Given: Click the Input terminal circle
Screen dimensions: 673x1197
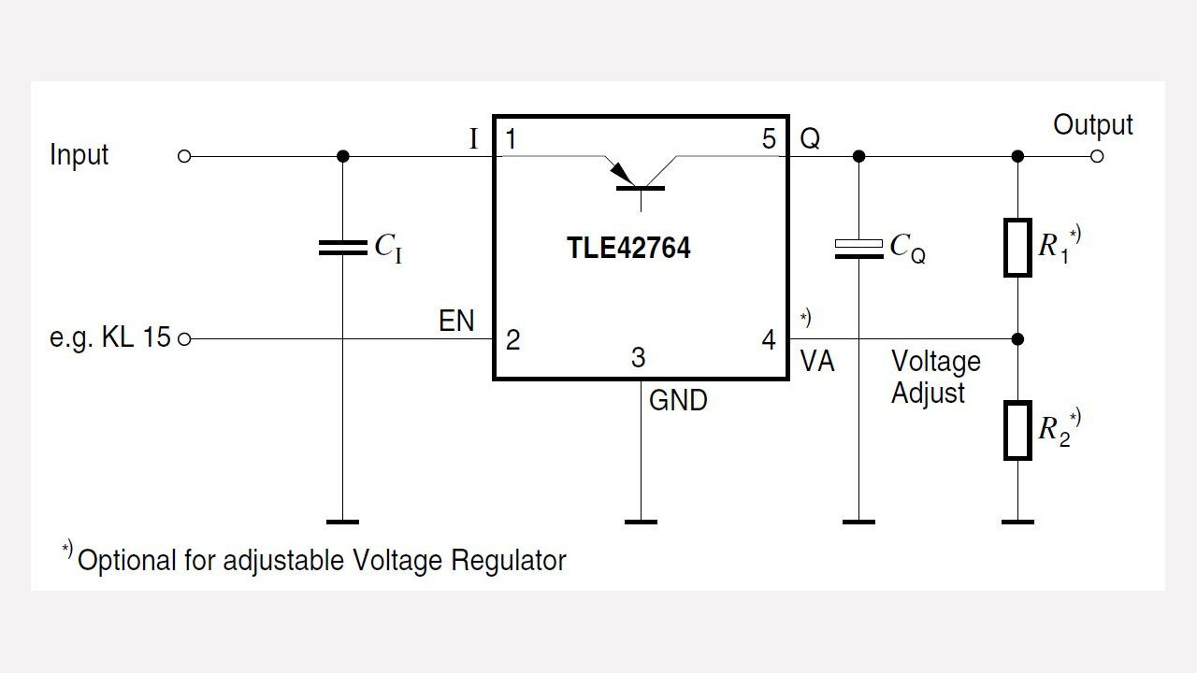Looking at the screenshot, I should click(x=184, y=156).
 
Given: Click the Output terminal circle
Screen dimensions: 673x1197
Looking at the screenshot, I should click(x=1097, y=156).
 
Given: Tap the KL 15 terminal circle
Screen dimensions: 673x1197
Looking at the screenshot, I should click(x=184, y=338).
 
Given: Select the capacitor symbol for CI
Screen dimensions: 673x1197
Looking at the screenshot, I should click(x=343, y=248).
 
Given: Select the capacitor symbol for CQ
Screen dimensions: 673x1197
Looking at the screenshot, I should click(x=858, y=248).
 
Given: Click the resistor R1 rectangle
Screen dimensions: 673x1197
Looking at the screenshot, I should click(x=1017, y=248).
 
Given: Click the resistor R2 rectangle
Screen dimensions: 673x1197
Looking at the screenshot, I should click(x=1017, y=431).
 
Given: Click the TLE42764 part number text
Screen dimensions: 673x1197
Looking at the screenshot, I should click(x=628, y=249).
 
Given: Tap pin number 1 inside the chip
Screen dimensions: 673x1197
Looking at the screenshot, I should click(x=512, y=140).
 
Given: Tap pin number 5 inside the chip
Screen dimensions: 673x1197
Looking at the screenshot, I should click(x=769, y=140).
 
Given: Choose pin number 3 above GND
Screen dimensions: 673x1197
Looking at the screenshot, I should click(x=638, y=358).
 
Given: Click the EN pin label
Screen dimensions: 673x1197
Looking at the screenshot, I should click(x=456, y=322).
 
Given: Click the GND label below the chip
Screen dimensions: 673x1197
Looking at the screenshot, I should click(x=678, y=401).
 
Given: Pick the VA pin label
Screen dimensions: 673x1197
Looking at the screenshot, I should click(x=817, y=363).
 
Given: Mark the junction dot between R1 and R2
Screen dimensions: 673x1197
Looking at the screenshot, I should click(x=1017, y=338).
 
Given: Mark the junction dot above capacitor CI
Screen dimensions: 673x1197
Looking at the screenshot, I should click(x=343, y=156).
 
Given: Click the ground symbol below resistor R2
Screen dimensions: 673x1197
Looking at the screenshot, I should click(x=1017, y=521).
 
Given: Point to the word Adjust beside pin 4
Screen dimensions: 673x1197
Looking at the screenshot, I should click(x=928, y=394).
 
